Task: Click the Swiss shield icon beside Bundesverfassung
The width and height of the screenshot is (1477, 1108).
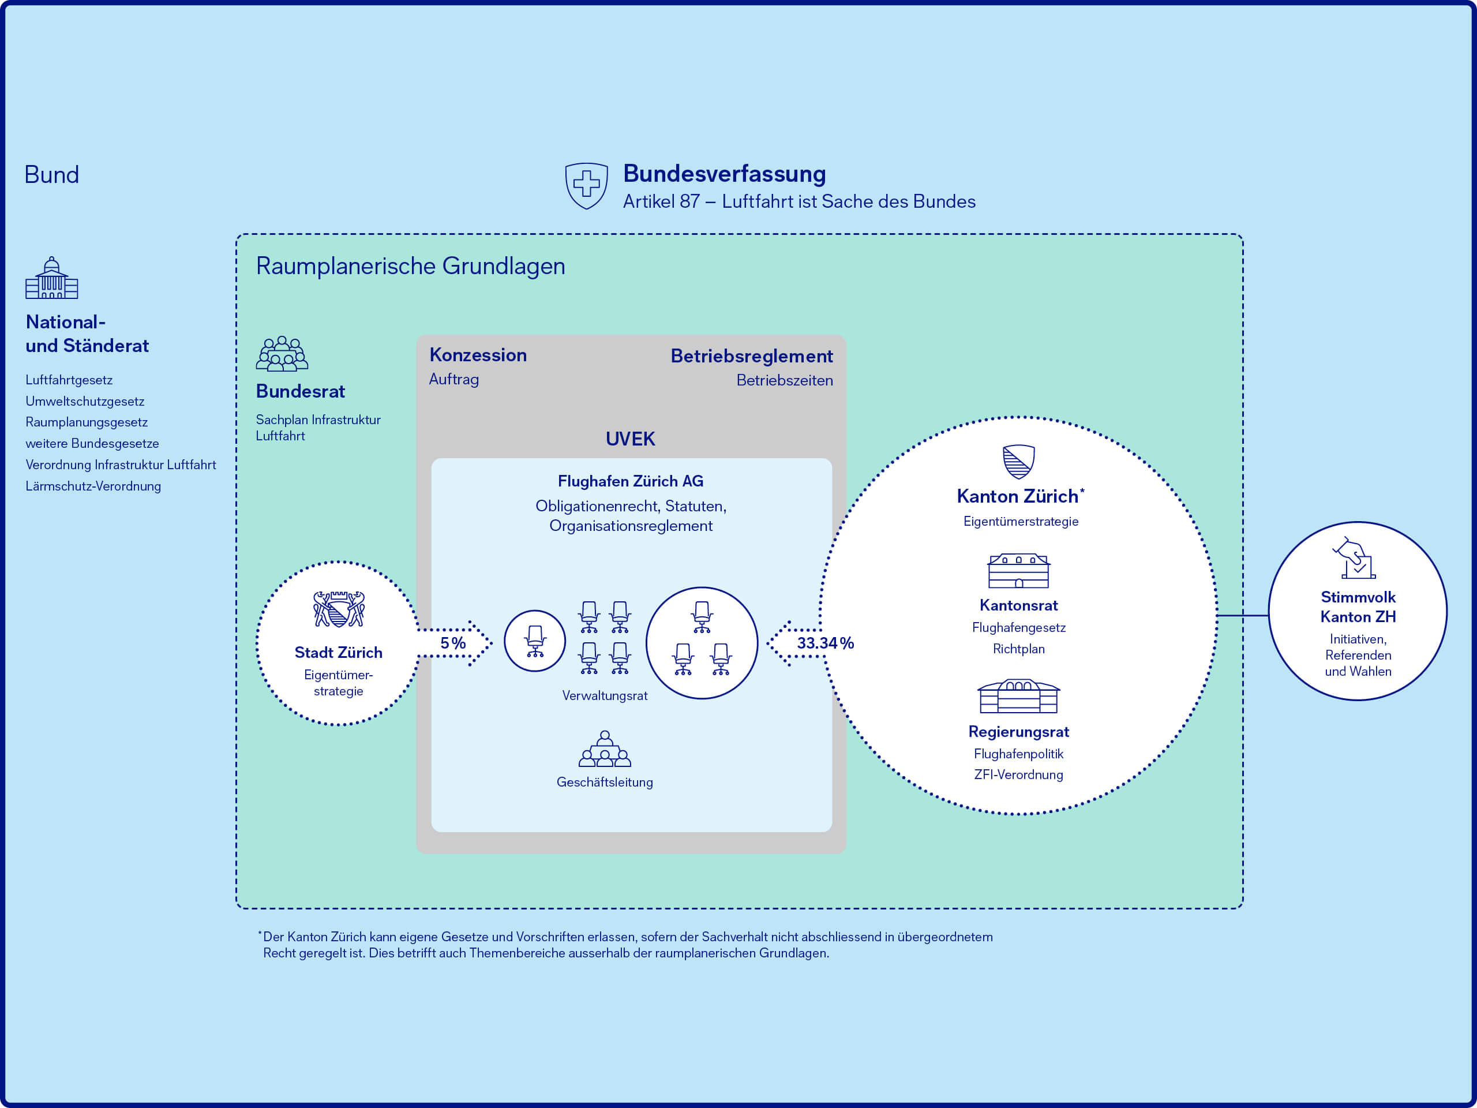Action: [586, 185]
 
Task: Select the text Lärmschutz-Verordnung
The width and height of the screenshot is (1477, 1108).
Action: [93, 486]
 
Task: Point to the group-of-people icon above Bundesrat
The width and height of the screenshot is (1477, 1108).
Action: [282, 353]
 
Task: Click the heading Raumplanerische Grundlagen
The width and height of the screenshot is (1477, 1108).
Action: [410, 266]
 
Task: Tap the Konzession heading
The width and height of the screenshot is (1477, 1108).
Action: [477, 355]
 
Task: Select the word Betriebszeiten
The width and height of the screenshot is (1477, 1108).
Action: [784, 380]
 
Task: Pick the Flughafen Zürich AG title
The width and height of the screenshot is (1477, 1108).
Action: [631, 481]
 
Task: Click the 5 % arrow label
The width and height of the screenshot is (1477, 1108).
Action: [453, 642]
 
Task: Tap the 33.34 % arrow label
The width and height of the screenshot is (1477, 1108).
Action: [824, 642]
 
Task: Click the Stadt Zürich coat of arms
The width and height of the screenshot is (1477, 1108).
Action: [339, 608]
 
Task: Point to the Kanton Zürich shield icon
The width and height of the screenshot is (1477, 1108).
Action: [1018, 462]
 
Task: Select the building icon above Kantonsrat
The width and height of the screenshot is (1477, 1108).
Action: [1018, 571]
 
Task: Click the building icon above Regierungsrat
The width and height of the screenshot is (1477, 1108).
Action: [1018, 697]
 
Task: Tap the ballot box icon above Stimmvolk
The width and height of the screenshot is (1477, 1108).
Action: [1355, 559]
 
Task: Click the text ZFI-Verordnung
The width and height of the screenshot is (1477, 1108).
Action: [1018, 774]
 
